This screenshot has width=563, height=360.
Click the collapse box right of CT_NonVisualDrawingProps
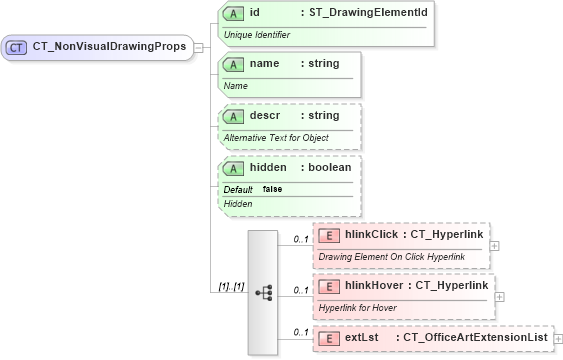[198, 47]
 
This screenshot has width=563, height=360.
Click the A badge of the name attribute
[234, 64]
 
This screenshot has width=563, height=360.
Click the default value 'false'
[272, 189]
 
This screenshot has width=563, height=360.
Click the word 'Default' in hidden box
[238, 189]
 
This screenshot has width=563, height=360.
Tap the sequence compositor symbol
[264, 292]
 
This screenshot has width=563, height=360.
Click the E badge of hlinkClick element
[328, 235]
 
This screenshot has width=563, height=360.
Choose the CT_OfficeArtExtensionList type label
[475, 338]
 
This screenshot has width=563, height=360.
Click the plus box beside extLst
[558, 339]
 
